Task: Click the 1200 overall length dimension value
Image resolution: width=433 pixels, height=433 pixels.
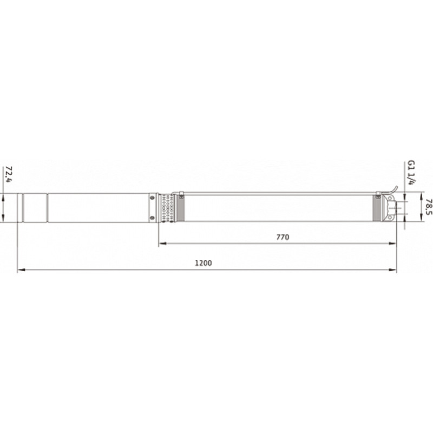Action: point(204,263)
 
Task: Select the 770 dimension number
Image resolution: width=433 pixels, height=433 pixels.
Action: point(283,237)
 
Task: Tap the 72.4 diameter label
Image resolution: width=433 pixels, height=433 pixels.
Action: point(9,174)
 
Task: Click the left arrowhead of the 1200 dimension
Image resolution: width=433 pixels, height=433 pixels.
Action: point(21,270)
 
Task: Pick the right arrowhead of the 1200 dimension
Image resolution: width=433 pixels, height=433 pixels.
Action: point(392,270)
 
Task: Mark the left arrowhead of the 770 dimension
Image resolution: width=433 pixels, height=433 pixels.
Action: point(163,243)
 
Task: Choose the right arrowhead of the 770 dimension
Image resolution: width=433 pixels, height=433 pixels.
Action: point(392,243)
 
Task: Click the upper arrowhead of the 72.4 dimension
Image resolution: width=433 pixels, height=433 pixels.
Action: point(3,197)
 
